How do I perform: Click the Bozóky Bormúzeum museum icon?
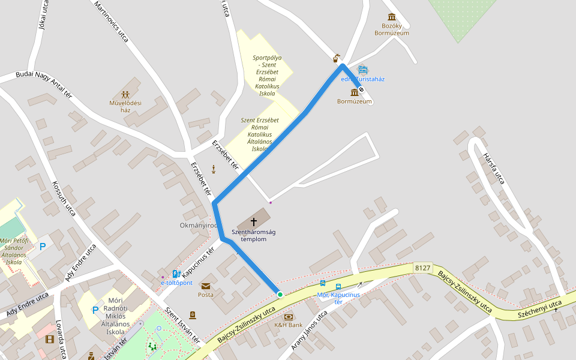point(392,16)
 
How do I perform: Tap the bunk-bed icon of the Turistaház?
point(362,70)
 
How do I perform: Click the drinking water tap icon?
point(337,58)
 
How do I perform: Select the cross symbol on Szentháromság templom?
point(254,222)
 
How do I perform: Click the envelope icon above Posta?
point(206,286)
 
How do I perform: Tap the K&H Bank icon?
point(289,316)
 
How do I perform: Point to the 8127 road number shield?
point(422,268)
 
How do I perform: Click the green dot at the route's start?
point(280,295)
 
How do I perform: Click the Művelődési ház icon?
point(125,94)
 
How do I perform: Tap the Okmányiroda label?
point(199,226)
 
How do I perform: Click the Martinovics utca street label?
point(112,21)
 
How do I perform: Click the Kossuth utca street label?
point(64,199)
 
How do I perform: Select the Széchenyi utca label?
point(539,307)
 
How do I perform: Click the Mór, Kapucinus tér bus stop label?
point(338,298)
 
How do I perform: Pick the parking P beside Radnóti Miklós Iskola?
point(95,310)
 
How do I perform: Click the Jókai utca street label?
point(41,18)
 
